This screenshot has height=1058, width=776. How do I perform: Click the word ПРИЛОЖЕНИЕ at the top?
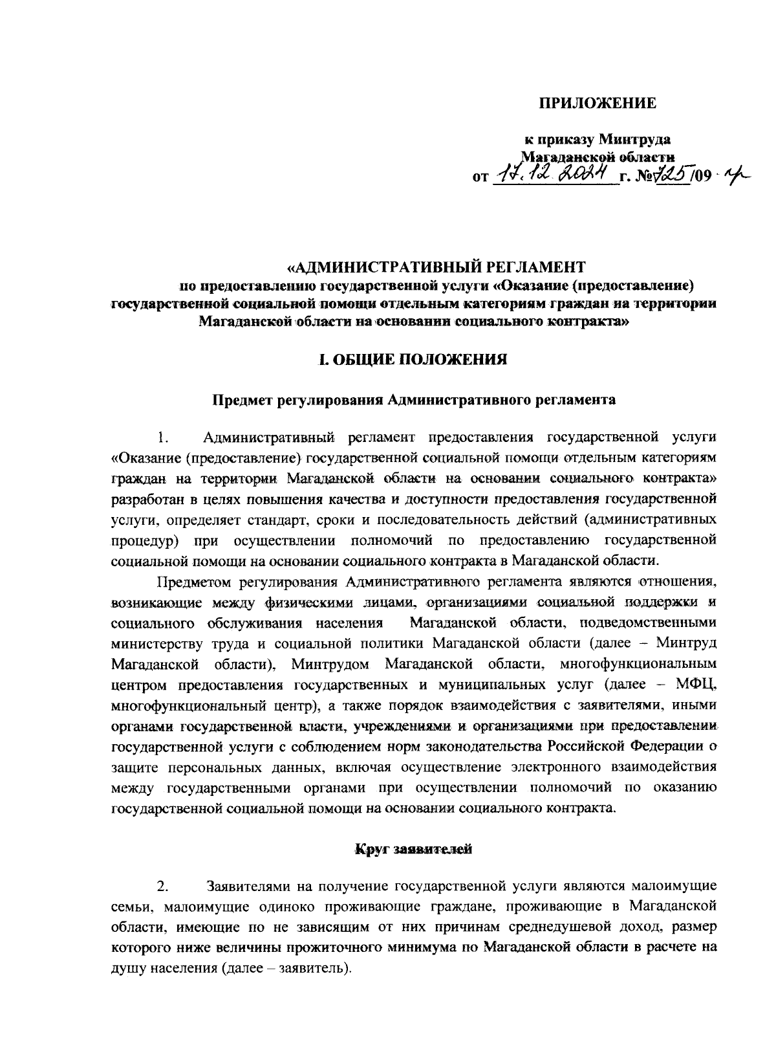tap(598, 104)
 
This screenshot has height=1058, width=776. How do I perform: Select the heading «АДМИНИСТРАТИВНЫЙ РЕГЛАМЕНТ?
tap(436, 267)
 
